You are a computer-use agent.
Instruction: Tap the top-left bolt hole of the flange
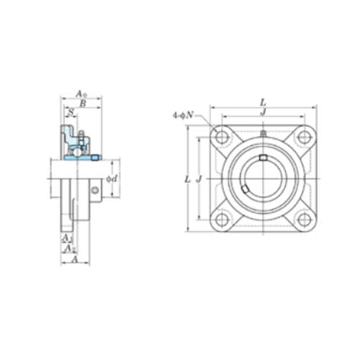point(221,137)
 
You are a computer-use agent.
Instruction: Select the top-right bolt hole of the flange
point(304,137)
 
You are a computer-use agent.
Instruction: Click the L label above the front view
point(263,104)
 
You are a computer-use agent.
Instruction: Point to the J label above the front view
point(263,112)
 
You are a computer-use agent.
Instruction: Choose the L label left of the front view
point(187,179)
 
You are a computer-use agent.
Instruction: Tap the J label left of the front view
point(199,179)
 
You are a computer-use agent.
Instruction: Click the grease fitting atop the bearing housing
point(263,134)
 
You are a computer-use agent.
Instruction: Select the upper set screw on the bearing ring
point(264,158)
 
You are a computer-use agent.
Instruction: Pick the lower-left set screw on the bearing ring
point(246,189)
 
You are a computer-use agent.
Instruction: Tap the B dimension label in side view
point(84,104)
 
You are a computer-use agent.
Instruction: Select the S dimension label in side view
point(71,113)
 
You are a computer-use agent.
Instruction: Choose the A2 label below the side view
point(69,248)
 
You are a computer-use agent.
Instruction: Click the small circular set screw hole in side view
point(95,190)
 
